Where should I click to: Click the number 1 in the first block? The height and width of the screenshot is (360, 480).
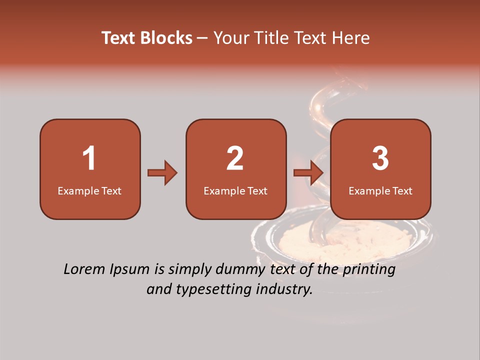[89, 158]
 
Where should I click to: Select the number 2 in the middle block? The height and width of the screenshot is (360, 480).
[235, 158]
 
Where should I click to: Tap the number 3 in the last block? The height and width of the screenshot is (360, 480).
[380, 158]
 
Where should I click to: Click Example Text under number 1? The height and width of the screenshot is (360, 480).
[89, 190]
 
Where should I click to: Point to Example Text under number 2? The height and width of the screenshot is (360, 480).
[235, 190]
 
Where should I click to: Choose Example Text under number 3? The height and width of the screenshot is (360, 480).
[380, 190]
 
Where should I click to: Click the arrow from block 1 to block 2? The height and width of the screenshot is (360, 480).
[162, 173]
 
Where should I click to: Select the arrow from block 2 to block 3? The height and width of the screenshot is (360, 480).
[308, 173]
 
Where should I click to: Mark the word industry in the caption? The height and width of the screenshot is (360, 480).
[284, 289]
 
